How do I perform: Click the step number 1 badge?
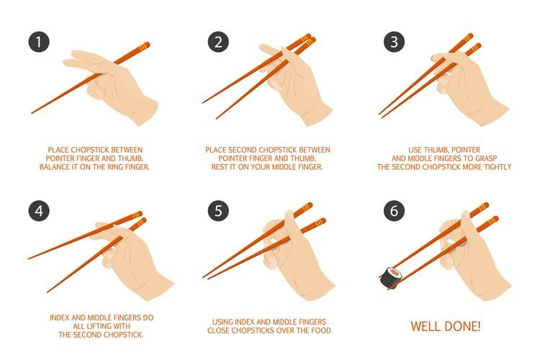(39, 42)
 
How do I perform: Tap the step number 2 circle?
(218, 42)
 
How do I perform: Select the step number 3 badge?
(395, 42)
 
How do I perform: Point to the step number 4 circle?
(39, 211)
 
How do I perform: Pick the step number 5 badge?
(218, 211)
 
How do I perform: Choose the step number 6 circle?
(395, 211)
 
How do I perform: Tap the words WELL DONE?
(446, 326)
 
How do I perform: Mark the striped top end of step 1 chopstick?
(145, 45)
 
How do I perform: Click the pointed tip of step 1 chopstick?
(32, 112)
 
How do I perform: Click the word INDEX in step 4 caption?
(60, 318)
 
